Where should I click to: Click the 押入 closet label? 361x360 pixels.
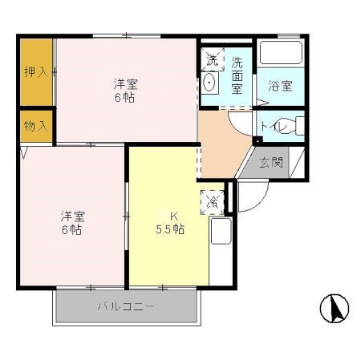coord(35,71)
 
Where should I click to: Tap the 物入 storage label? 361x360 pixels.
coord(35,126)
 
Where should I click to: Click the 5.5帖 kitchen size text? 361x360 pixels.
coord(171,229)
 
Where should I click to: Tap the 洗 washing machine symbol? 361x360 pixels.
coord(212,59)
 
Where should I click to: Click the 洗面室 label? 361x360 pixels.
coord(237,75)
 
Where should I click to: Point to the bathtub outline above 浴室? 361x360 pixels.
coord(281,56)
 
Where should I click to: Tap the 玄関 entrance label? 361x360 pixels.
coord(271,163)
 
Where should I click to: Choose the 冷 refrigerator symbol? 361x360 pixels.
coord(213,202)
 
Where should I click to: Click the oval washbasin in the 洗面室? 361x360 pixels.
coord(210,83)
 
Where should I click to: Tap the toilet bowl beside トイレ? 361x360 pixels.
coord(298,126)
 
